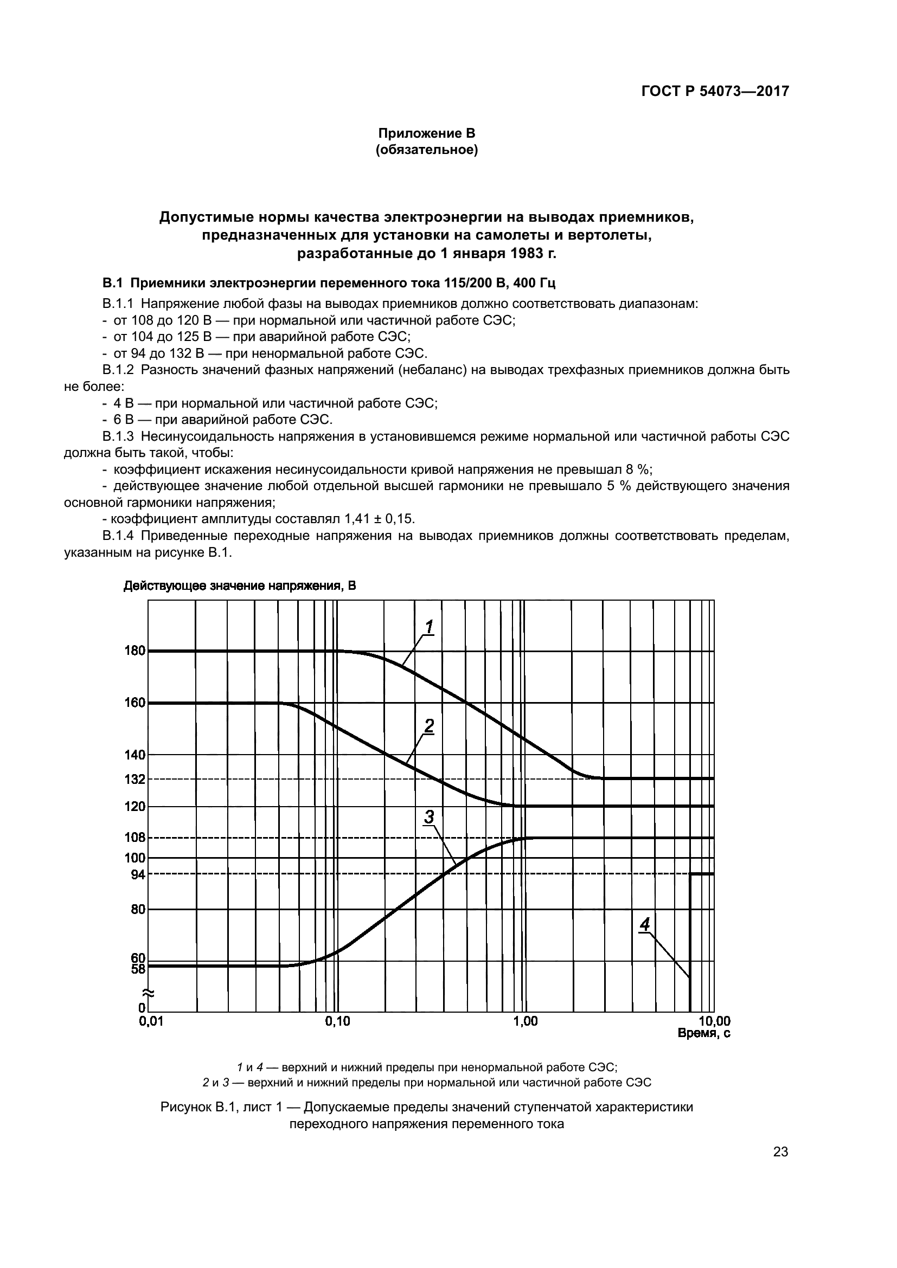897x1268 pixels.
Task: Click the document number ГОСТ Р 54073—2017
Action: coord(715,92)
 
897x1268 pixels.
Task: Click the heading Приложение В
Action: coord(426,133)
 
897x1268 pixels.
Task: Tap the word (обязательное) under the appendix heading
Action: coord(426,150)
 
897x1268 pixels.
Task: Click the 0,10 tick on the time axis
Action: coord(337,1022)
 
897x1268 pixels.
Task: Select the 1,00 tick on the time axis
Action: coord(526,1022)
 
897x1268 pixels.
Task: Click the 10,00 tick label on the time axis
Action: coord(715,1022)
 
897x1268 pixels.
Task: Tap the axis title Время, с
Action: coord(704,1033)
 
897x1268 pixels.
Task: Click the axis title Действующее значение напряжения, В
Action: coord(239,586)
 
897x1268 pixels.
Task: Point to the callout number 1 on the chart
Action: coord(428,627)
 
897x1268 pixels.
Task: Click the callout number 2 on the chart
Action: coord(428,726)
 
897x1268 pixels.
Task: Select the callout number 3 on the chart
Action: coord(428,816)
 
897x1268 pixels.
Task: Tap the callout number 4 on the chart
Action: coord(645,924)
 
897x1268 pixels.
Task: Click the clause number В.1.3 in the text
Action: coord(118,436)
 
